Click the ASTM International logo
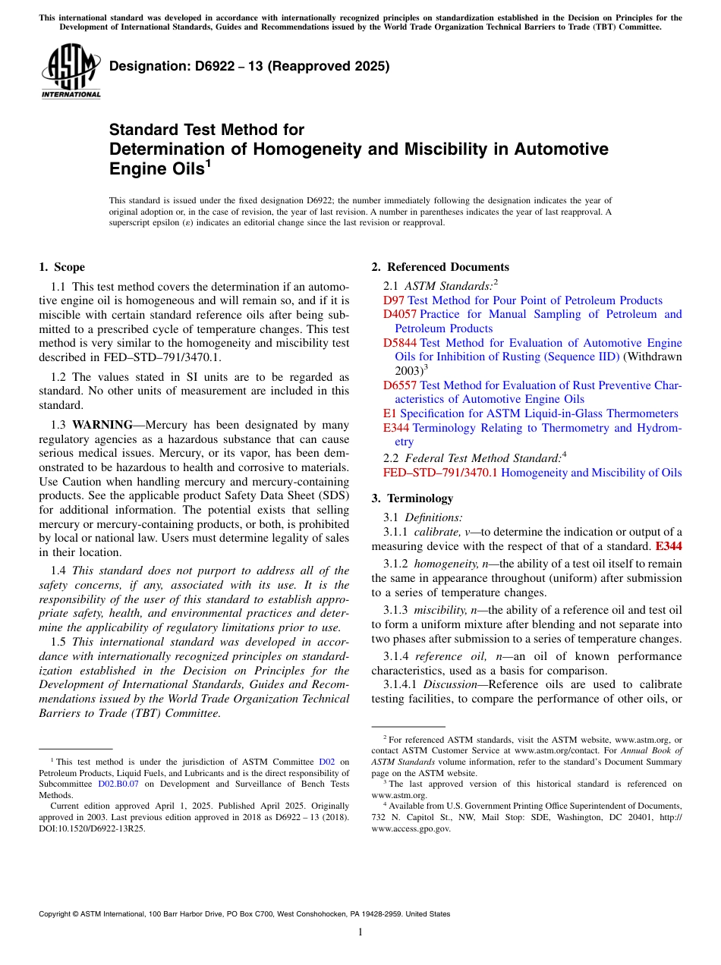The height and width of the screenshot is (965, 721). pos(71,71)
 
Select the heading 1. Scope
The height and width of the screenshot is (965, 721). pos(61,267)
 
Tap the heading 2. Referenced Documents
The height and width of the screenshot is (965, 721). pos(440,267)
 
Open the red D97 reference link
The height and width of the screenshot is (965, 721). pos(394,300)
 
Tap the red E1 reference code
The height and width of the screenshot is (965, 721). pos(389,413)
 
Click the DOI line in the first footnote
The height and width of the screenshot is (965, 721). pos(91,828)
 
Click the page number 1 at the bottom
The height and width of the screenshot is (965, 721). pos(360,932)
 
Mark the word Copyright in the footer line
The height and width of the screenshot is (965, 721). pos(57,914)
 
